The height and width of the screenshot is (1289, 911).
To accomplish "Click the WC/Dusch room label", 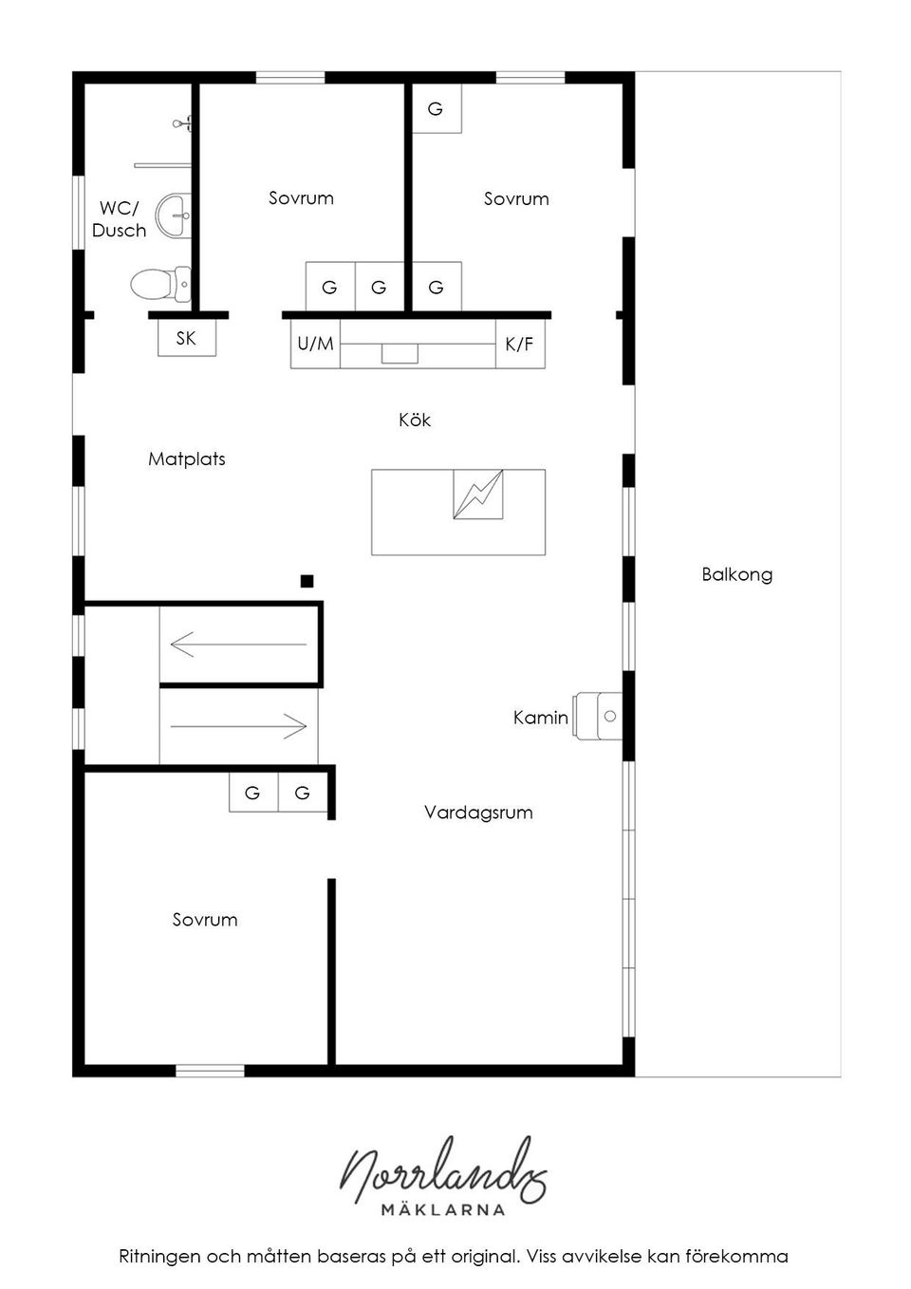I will (x=120, y=219).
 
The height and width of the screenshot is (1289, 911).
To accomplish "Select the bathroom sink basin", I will (x=174, y=215).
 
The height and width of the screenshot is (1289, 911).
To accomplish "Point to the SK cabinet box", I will (x=186, y=338).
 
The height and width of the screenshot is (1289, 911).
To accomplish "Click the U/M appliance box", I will (x=315, y=344).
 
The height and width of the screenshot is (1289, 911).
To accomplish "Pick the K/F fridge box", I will (x=519, y=344).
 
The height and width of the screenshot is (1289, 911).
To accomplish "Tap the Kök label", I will (x=415, y=420).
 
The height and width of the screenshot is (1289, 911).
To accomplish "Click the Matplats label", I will (x=187, y=459).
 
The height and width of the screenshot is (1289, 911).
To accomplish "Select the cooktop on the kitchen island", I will (x=477, y=494).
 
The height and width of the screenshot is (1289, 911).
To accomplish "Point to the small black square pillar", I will (x=307, y=581).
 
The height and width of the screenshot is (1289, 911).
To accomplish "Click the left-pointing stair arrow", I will (x=237, y=644).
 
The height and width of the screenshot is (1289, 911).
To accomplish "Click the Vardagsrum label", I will (x=478, y=813).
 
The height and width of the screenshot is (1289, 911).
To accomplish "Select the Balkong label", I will (x=737, y=574).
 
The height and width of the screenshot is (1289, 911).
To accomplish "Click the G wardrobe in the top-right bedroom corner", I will (x=436, y=108).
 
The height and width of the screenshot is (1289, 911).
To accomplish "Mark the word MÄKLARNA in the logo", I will (x=443, y=1209).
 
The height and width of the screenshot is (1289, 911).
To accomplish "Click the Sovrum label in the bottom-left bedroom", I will (x=205, y=920).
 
